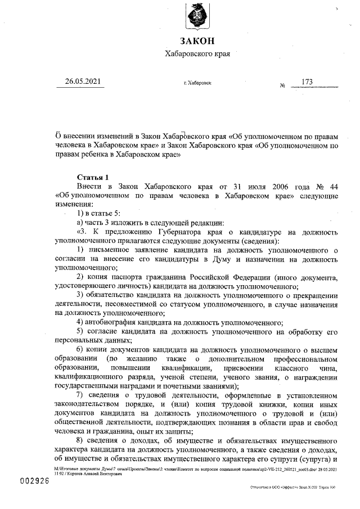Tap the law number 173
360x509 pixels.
click(x=307, y=82)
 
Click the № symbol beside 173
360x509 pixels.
click(x=282, y=85)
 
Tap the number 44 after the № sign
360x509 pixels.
click(x=332, y=186)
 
